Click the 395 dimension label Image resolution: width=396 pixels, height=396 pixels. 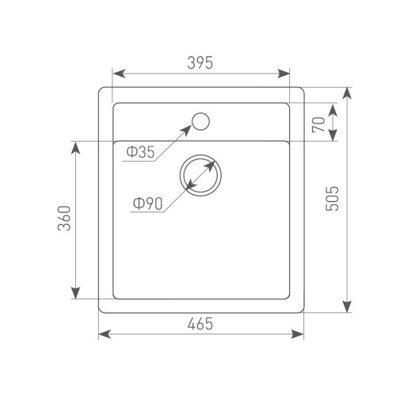pyautogui.click(x=200, y=63)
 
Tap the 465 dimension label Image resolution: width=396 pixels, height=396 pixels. pyautogui.click(x=200, y=324)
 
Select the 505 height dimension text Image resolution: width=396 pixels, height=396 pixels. pyautogui.click(x=332, y=199)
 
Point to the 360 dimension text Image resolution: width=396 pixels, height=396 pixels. pyautogui.click(x=64, y=219)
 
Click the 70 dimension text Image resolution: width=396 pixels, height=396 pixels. pyautogui.click(x=318, y=124)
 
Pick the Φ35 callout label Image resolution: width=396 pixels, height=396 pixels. pyautogui.click(x=140, y=152)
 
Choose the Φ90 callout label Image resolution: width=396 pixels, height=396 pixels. pyautogui.click(x=147, y=204)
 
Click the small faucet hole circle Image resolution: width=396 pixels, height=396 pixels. pyautogui.click(x=200, y=121)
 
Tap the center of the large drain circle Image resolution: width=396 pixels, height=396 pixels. pyautogui.click(x=200, y=175)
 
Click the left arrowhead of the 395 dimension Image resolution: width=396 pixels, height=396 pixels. pyautogui.click(x=119, y=74)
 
